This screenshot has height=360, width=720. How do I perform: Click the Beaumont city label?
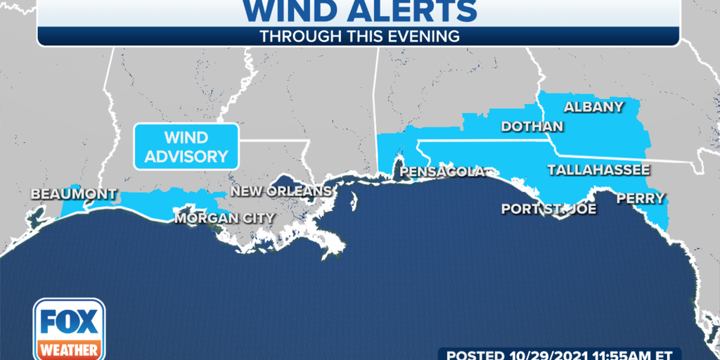(x=73, y=194)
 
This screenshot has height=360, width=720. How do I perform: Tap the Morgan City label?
(x=225, y=219)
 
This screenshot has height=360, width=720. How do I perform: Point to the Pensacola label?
(x=442, y=172)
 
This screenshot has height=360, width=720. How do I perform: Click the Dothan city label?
(x=532, y=127)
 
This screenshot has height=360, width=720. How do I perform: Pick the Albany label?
(x=594, y=107)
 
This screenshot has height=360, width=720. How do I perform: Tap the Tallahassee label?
(x=598, y=170)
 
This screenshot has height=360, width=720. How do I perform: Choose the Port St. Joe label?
(x=548, y=209)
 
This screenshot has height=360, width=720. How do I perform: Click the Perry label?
(x=640, y=199)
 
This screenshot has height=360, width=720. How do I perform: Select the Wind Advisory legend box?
(x=186, y=146)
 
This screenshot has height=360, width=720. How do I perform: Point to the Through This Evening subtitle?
(x=359, y=37)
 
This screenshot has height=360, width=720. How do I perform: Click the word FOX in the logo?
(x=69, y=323)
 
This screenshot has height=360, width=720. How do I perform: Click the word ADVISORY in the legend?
(x=186, y=156)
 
